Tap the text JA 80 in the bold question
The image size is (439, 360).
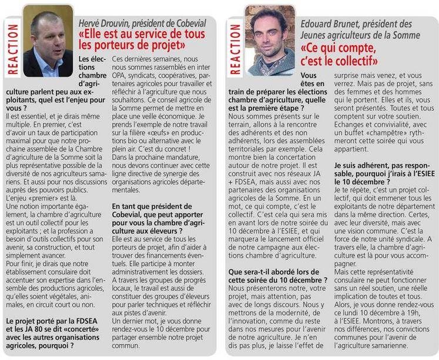coord(30,331)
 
